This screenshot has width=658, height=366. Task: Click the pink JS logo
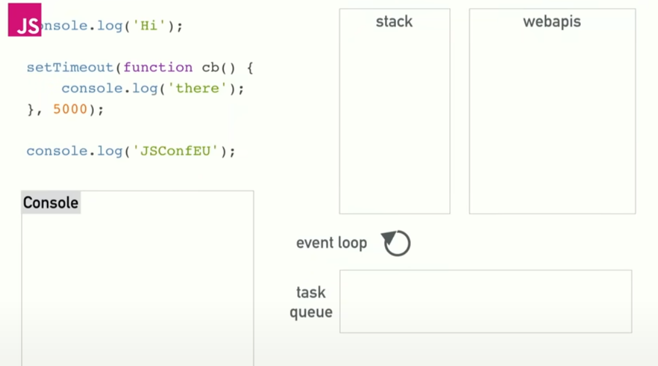click(x=24, y=20)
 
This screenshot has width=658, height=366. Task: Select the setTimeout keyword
click(x=70, y=67)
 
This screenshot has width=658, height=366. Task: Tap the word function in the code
click(x=158, y=67)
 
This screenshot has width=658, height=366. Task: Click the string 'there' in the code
click(x=198, y=88)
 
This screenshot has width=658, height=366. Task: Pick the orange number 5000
click(x=70, y=109)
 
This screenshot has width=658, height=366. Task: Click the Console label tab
click(x=51, y=203)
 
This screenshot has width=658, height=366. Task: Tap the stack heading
click(x=394, y=22)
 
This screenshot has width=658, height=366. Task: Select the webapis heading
click(x=552, y=22)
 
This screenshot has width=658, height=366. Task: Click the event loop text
click(x=331, y=243)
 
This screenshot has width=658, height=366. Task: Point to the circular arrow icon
click(x=396, y=243)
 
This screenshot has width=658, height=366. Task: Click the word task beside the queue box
click(x=311, y=292)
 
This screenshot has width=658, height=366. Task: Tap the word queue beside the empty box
click(x=311, y=312)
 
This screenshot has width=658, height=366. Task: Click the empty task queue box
click(x=486, y=301)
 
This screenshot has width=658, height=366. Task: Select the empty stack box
click(x=394, y=124)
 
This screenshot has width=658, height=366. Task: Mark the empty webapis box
click(x=552, y=124)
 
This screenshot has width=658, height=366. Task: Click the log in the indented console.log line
click(x=145, y=88)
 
